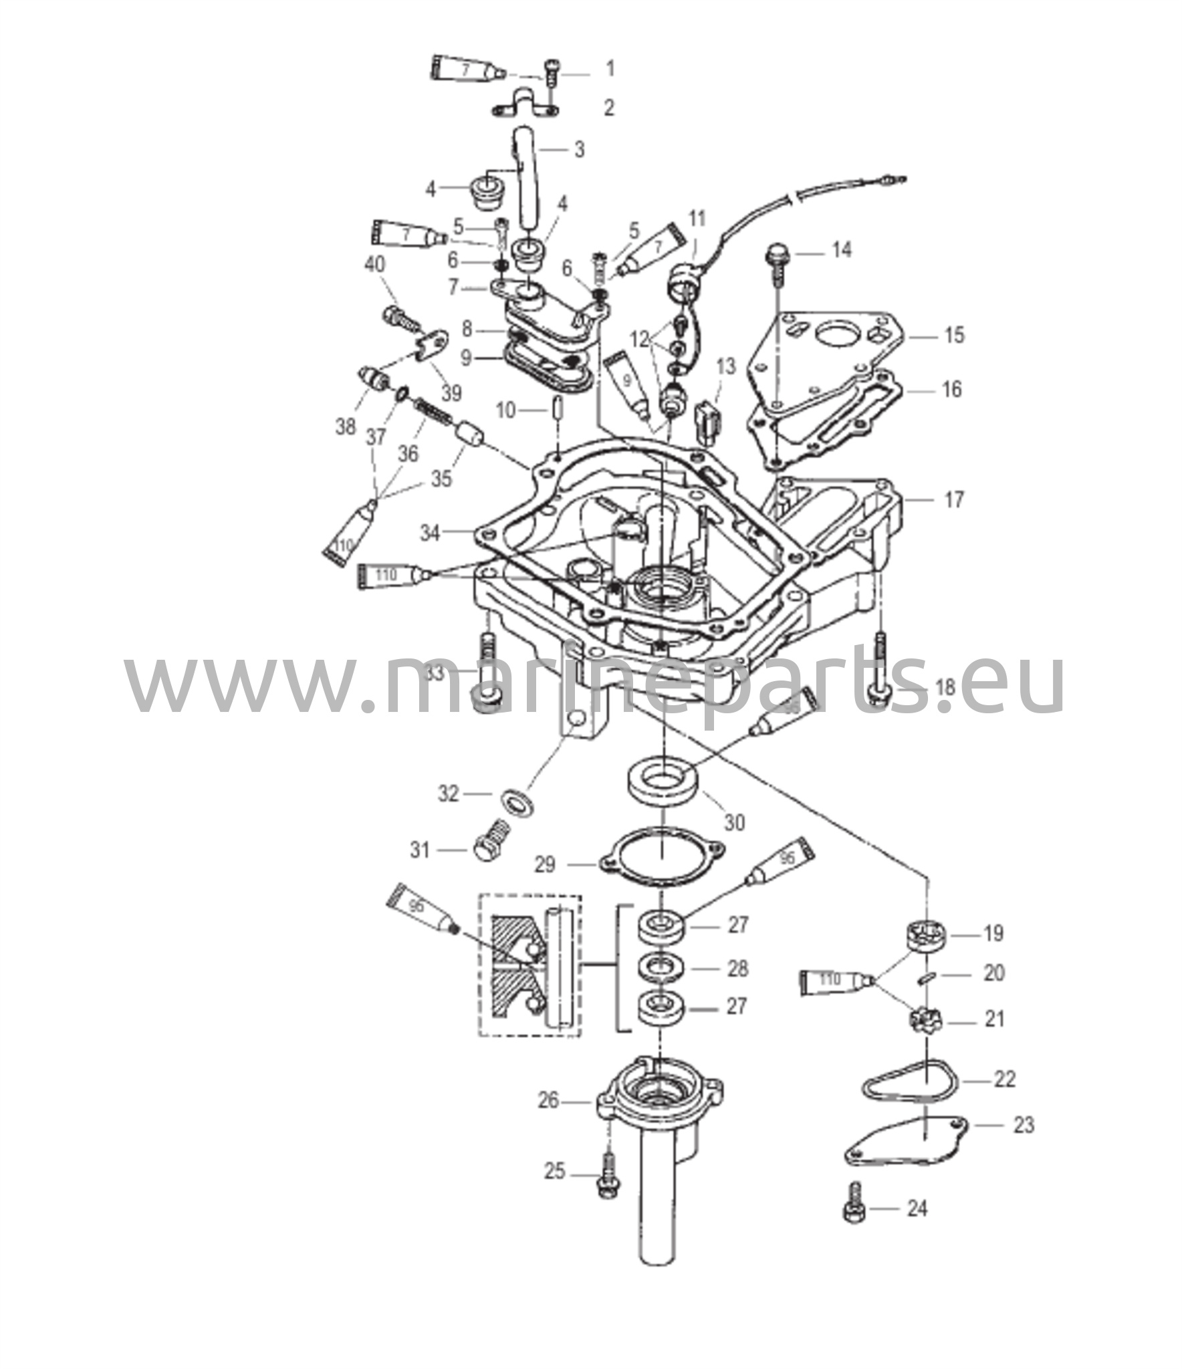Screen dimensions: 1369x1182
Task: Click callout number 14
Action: click(842, 251)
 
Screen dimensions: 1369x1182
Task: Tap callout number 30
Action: click(734, 822)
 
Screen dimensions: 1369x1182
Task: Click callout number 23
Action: click(1024, 1125)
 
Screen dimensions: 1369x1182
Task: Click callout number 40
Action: click(374, 265)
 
